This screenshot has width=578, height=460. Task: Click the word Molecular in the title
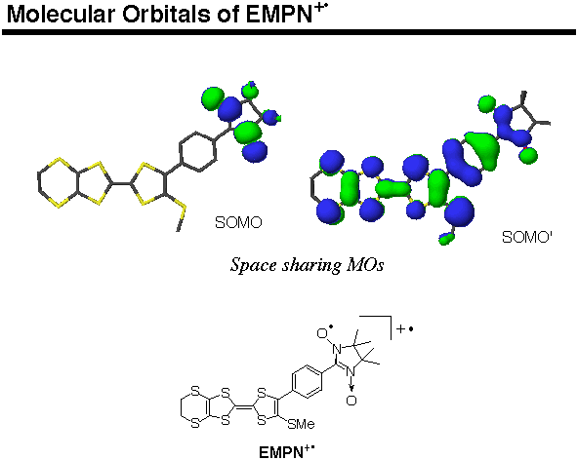tap(61, 15)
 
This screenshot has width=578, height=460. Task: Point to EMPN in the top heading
tap(279, 15)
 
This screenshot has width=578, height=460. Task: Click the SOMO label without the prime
tap(238, 222)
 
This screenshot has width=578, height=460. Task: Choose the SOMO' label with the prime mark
tap(527, 237)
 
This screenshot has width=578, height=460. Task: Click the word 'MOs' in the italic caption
tap(365, 265)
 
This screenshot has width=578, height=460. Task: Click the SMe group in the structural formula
tap(301, 424)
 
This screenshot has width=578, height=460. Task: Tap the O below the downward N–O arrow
tap(351, 400)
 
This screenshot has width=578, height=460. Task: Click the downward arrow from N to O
tap(351, 384)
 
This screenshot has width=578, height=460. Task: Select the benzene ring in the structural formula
tap(307, 381)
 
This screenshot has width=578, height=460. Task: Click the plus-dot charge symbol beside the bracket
tap(405, 328)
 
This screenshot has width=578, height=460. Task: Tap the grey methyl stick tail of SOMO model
tap(181, 221)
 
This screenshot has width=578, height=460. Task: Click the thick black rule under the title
tap(289, 32)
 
